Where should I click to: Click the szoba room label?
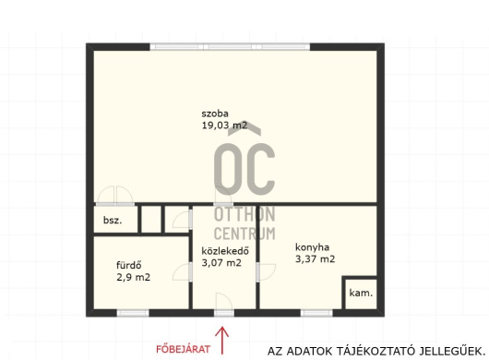point(215,114)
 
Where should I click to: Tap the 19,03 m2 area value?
point(224,126)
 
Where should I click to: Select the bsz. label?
point(113,221)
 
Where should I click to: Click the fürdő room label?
point(129,265)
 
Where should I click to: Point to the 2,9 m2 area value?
point(133,277)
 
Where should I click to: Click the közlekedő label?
point(225,251)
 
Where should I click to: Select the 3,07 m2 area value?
point(221,263)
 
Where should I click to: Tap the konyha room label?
point(312,247)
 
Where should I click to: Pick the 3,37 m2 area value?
point(315,259)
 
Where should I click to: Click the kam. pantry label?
point(361,293)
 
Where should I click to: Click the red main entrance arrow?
point(222,340)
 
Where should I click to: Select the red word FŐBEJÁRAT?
point(183,349)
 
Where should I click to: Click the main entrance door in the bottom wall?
point(224,313)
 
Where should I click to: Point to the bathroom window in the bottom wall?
point(133,313)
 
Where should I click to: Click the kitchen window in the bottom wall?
point(316,313)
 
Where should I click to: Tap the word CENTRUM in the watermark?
point(244,234)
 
